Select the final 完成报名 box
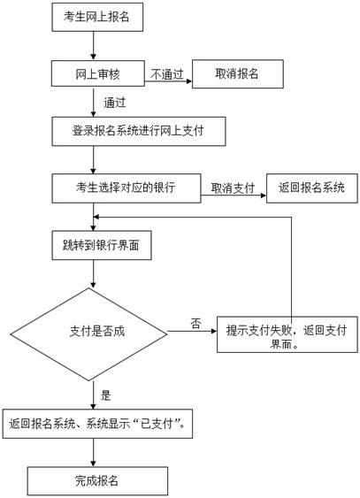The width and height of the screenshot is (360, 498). [x=97, y=480]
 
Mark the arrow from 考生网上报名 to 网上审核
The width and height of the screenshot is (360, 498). [x=92, y=44]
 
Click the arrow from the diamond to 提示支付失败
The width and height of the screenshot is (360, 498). [x=195, y=333]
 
